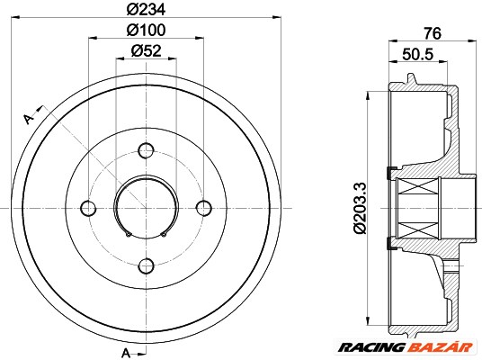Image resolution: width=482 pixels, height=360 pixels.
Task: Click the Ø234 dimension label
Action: (x=146, y=10)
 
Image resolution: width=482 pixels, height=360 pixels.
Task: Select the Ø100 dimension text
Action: (x=146, y=31)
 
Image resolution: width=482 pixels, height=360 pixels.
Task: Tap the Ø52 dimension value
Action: (x=146, y=51)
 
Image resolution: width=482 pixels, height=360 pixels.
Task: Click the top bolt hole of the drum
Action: (x=146, y=150)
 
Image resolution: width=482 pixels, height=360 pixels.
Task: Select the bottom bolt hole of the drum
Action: (x=146, y=265)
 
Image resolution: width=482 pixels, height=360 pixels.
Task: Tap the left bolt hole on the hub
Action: (x=88, y=208)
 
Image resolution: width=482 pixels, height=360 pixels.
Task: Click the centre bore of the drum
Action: (x=146, y=208)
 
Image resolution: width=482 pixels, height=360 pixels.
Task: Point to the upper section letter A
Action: (x=28, y=118)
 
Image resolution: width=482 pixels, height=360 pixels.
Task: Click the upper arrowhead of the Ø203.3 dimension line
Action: (x=370, y=94)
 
